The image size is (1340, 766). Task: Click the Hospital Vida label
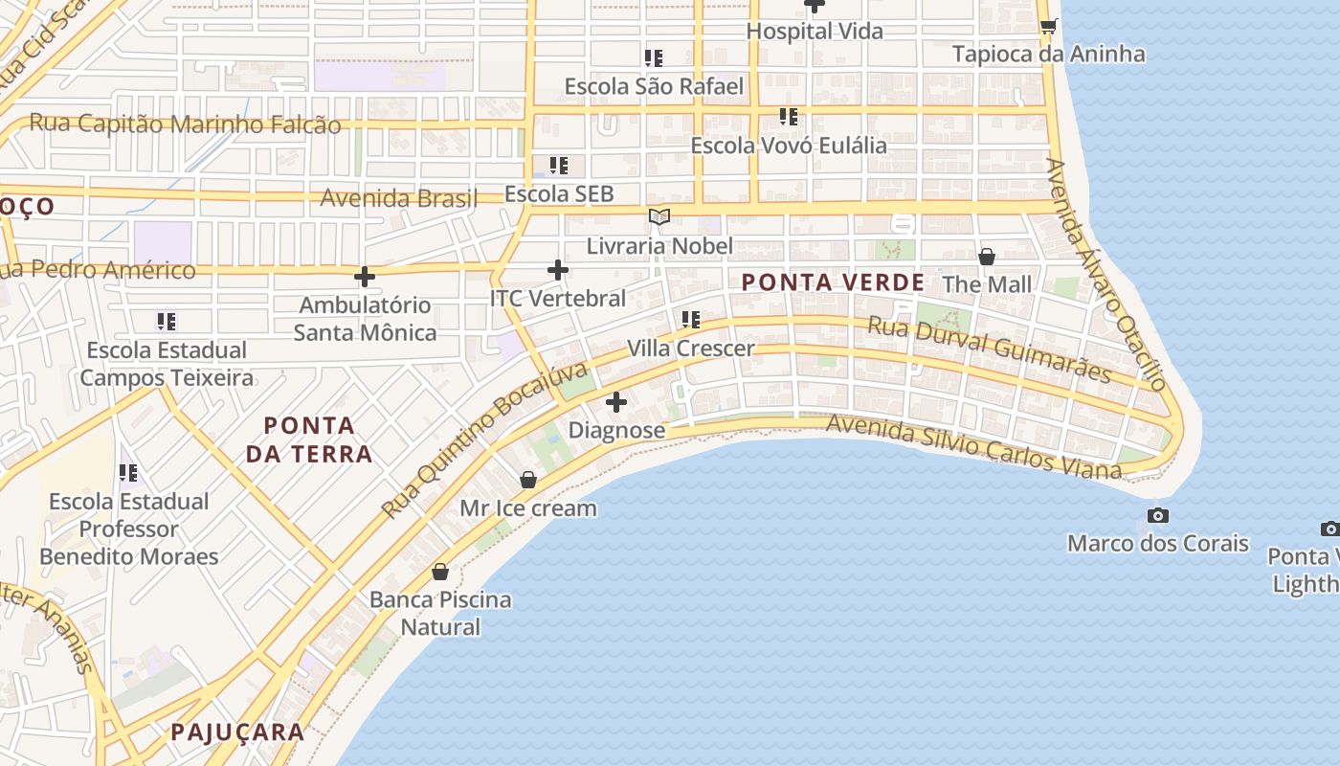click(x=815, y=31)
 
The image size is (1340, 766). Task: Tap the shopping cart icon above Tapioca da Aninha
click(x=1048, y=26)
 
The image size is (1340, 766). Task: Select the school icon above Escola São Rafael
click(x=654, y=58)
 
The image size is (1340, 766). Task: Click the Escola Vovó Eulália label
click(x=789, y=146)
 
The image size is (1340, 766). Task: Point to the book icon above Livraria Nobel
click(x=659, y=217)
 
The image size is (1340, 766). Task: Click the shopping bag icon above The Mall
click(x=987, y=257)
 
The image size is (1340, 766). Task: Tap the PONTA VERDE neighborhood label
click(x=833, y=282)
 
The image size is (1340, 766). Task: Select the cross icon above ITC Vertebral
click(x=558, y=271)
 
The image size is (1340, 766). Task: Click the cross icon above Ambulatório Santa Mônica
click(x=365, y=278)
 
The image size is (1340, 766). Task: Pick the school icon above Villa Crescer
click(x=691, y=320)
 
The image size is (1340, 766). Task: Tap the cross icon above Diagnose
click(x=616, y=402)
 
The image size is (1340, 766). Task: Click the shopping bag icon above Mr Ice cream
click(x=528, y=480)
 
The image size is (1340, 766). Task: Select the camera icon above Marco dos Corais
click(x=1158, y=516)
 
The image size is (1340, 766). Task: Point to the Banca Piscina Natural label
click(x=440, y=613)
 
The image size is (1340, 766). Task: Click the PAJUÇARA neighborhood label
click(x=237, y=732)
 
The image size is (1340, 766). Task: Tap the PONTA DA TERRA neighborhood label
click(x=308, y=439)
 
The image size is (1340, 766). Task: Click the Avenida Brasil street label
click(x=398, y=198)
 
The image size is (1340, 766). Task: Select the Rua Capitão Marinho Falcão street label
click(x=185, y=124)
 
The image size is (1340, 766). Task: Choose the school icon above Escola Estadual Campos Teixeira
click(x=167, y=322)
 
